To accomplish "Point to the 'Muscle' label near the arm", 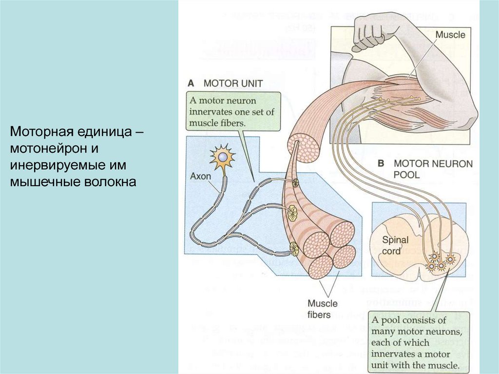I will (450, 35).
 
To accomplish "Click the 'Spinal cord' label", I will (395, 246).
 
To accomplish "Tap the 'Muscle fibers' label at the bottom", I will (322, 309).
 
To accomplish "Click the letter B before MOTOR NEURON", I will (382, 163).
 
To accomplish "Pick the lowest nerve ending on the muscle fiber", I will (294, 249).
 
